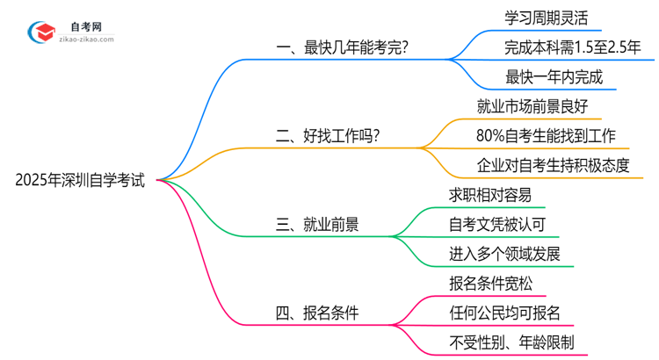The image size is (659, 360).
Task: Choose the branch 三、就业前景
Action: pyautogui.click(x=317, y=225)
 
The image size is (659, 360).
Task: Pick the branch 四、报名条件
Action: pyautogui.click(x=317, y=313)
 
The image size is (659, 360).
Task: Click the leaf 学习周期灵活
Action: pyautogui.click(x=546, y=17)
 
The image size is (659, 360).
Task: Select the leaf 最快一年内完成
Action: pyautogui.click(x=554, y=76)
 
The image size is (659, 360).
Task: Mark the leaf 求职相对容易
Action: pyautogui.click(x=489, y=195)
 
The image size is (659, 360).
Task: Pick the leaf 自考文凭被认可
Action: pyautogui.click(x=496, y=225)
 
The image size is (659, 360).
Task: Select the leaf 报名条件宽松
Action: pyautogui.click(x=489, y=284)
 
